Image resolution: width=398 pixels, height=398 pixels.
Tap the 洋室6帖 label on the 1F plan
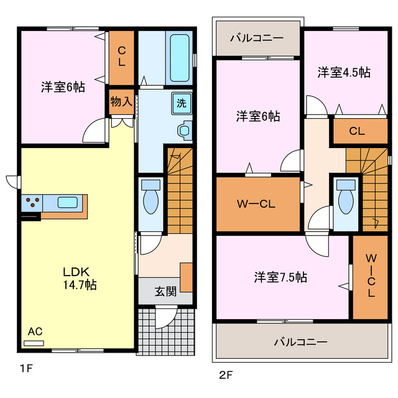point(63,87)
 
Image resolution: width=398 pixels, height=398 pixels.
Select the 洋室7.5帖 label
point(280,277)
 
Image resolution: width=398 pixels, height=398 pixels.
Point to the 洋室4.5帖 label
point(344,73)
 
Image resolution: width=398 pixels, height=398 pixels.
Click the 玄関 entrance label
point(165,291)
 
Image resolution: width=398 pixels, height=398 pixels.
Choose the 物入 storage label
point(121,101)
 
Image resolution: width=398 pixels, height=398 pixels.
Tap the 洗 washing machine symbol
point(181,103)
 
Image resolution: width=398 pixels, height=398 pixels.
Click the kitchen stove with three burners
point(33,202)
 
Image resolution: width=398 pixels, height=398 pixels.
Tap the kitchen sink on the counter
point(67,202)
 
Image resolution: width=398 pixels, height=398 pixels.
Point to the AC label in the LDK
point(35,331)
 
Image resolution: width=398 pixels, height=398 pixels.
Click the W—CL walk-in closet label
point(257,204)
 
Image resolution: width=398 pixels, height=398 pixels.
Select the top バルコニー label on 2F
point(256,38)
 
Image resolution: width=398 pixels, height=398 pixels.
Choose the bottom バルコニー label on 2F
point(301,341)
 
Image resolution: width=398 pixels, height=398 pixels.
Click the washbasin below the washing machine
point(184,130)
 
